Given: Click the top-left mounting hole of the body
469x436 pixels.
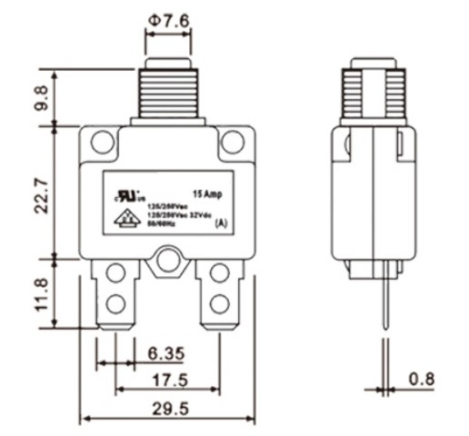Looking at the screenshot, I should [103, 142].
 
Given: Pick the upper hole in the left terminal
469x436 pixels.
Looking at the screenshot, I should [115, 273].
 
